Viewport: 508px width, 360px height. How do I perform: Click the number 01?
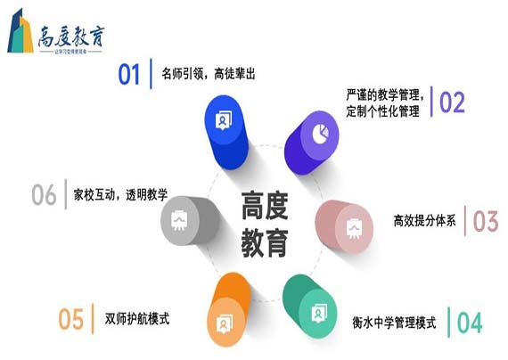[x=130, y=74]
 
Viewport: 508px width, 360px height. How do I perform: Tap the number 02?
[x=452, y=102]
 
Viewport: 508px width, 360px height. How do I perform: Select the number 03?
[x=485, y=221]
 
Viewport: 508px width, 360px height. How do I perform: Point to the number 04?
[x=469, y=322]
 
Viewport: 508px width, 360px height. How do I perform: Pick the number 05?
[x=71, y=318]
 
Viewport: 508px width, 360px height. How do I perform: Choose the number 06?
[x=44, y=193]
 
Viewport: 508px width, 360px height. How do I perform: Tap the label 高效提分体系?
[x=424, y=221]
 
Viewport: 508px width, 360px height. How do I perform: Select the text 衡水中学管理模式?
[x=399, y=322]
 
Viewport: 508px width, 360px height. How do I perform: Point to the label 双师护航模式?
[x=137, y=319]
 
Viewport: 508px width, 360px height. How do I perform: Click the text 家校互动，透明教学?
[x=120, y=193]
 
